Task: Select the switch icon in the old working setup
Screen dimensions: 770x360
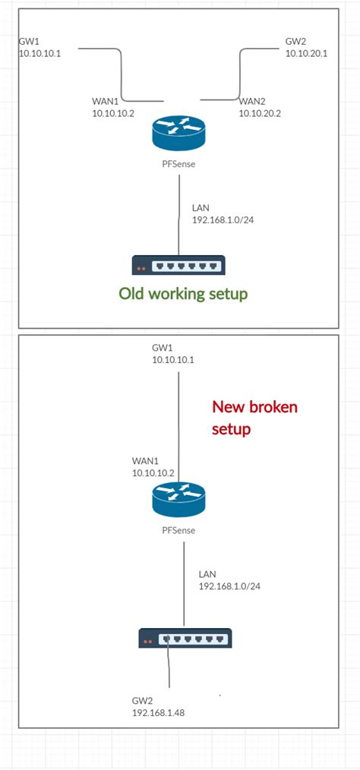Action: (x=178, y=265)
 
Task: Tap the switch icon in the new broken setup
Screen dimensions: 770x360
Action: (x=185, y=639)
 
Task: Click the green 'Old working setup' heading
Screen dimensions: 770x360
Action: (x=183, y=294)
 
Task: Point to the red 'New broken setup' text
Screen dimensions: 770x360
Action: (x=254, y=418)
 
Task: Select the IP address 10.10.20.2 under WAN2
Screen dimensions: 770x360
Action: (x=259, y=112)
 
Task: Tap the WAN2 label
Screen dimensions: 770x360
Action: (x=253, y=100)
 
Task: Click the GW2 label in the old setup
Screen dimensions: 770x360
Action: (x=295, y=42)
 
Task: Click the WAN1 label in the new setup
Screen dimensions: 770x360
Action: (x=144, y=460)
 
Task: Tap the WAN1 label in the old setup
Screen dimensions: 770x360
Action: (x=104, y=100)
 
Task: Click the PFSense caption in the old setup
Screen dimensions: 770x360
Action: (x=178, y=166)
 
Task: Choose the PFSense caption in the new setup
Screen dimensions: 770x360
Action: (x=178, y=529)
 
